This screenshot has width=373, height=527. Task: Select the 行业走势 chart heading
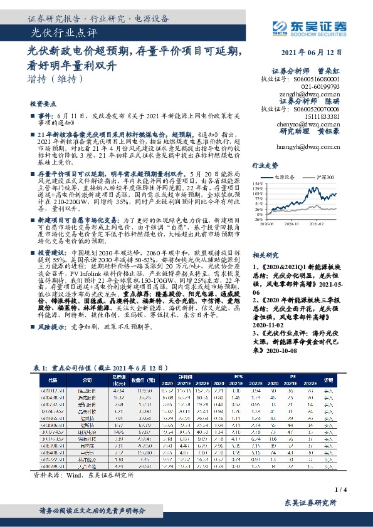pos(265,166)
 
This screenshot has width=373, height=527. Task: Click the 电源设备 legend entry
pos(284,178)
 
